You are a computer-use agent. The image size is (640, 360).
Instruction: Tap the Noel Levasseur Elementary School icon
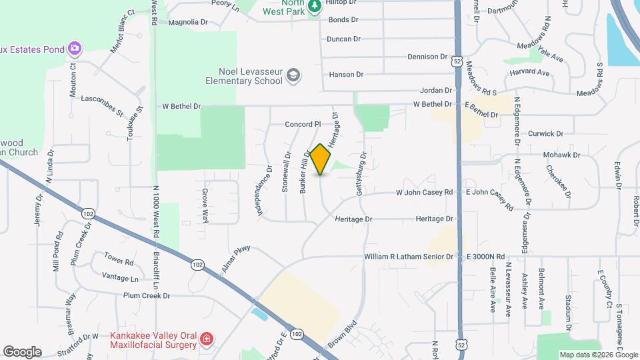point(293,76)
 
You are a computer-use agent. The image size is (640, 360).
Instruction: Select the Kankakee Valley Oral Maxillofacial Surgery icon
point(207,339)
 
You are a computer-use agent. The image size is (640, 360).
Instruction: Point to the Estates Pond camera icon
point(74,49)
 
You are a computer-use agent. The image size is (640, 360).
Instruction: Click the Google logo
point(22,352)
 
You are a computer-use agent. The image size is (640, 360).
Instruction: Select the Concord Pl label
point(303,124)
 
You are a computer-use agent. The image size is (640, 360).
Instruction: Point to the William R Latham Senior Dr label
point(409,257)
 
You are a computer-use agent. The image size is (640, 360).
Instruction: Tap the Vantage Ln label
point(120,277)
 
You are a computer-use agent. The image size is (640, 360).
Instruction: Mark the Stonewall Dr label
point(287,173)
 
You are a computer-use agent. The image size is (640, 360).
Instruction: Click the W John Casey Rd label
point(425,193)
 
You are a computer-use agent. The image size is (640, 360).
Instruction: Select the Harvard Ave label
point(529,72)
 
